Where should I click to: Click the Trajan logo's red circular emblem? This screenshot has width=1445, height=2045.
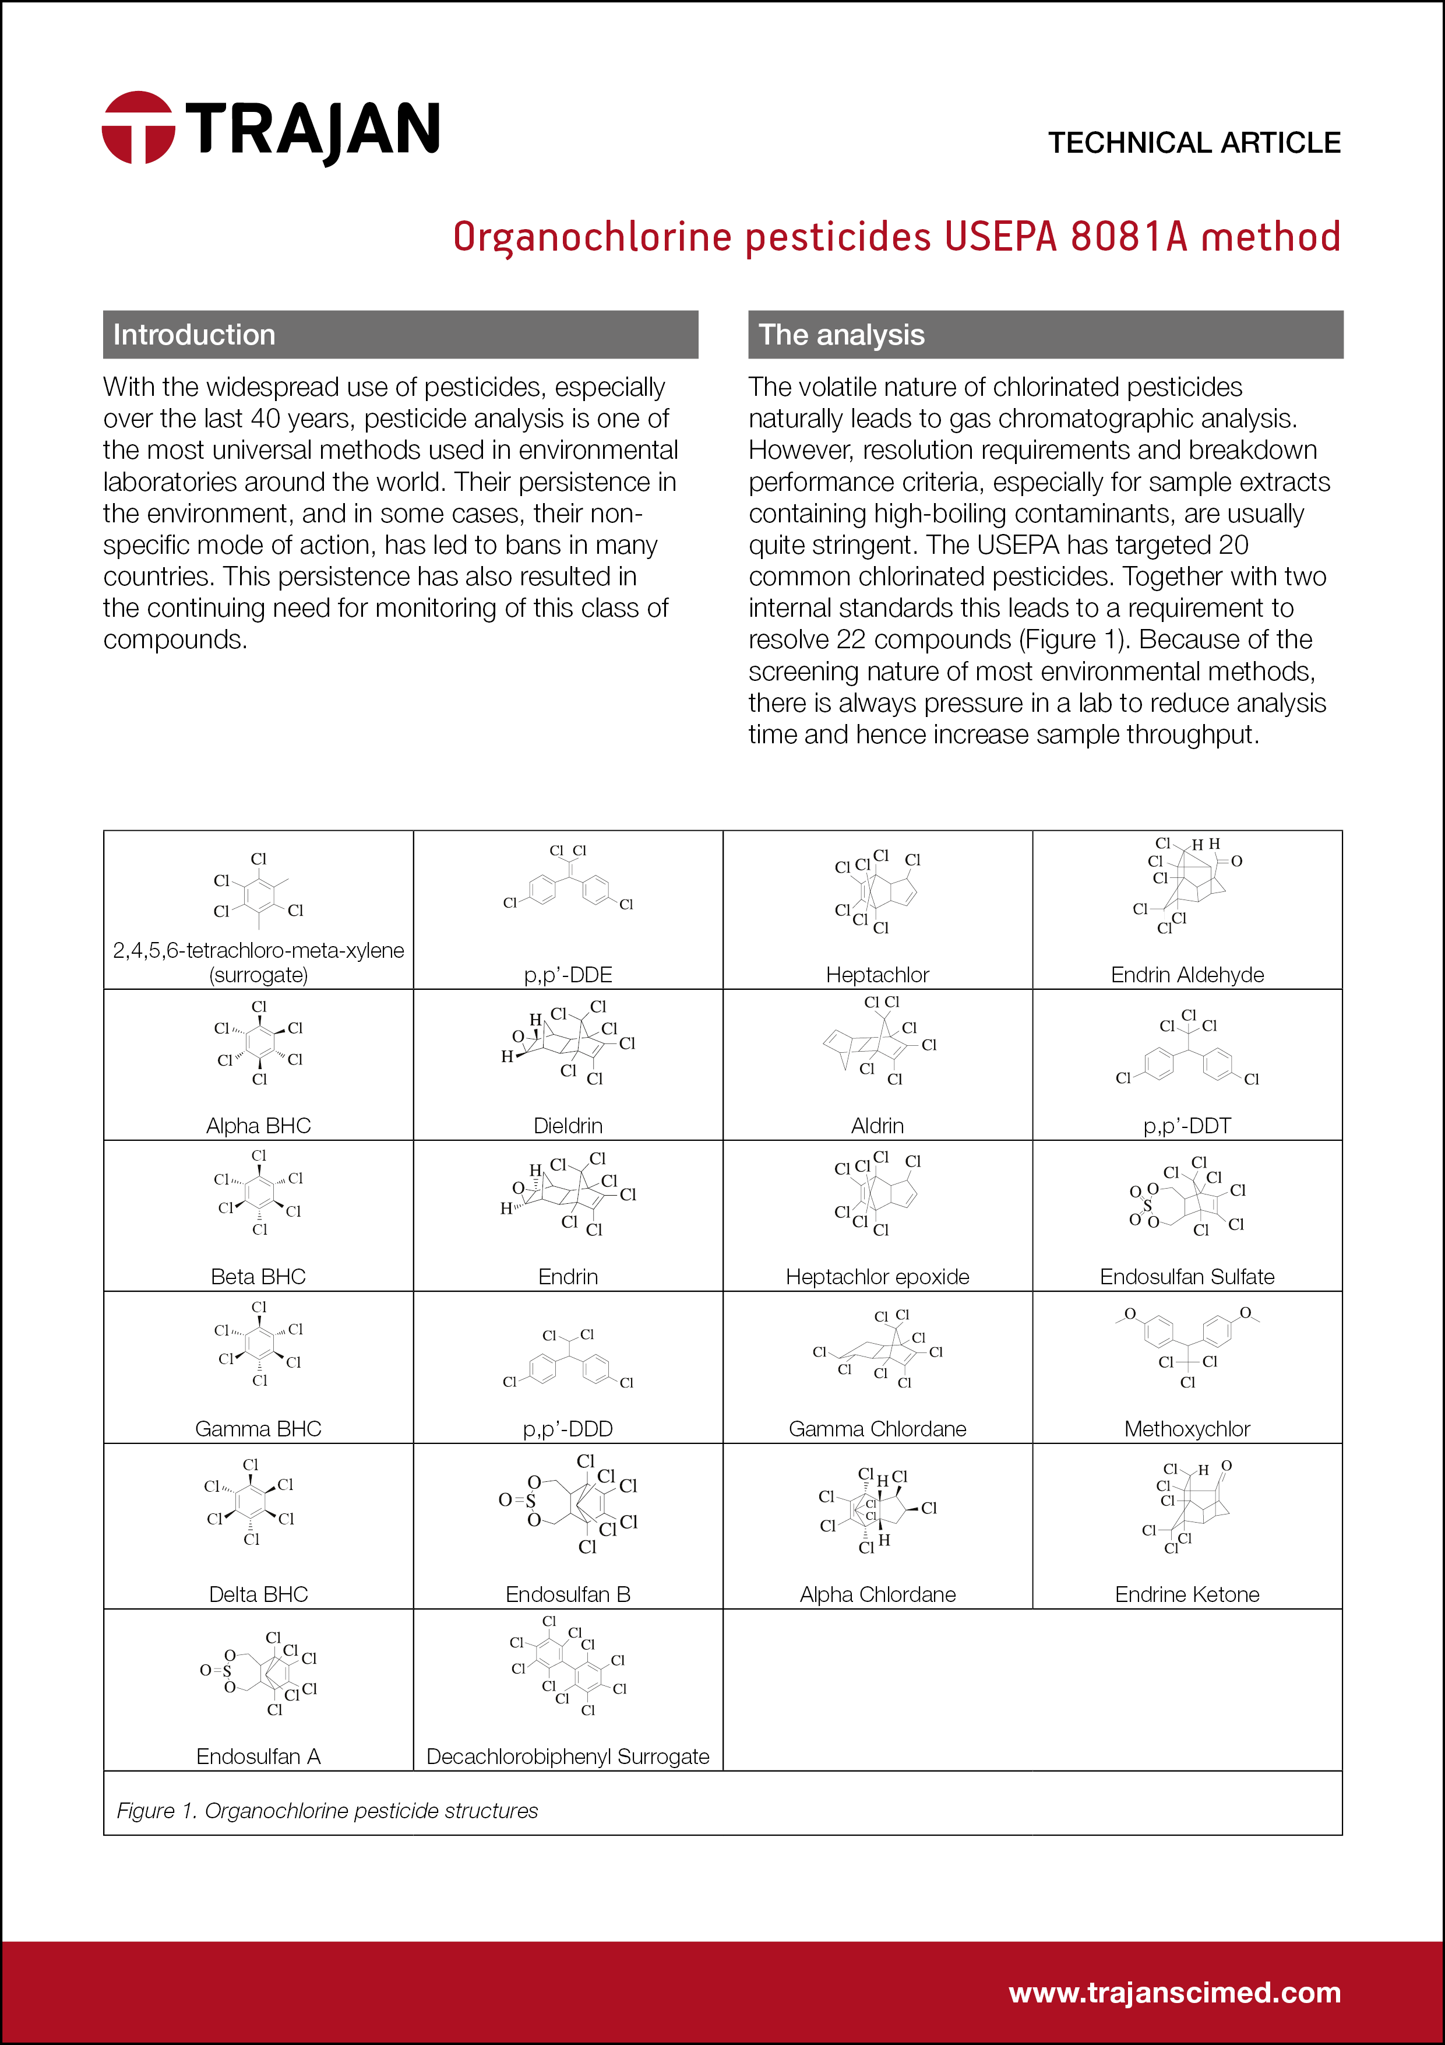[138, 127]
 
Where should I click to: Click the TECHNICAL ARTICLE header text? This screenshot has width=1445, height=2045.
[1193, 142]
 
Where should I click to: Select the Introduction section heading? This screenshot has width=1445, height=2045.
[194, 335]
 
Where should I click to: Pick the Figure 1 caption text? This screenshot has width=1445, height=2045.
[327, 1811]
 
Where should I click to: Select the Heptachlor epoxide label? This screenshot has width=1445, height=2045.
[877, 1276]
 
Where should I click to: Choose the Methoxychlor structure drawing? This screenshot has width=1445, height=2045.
[1187, 1346]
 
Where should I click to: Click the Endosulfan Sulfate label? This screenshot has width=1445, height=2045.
[1187, 1276]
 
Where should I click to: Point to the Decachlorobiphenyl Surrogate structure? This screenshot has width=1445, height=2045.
[568, 1665]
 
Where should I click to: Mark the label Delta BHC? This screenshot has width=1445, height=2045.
[258, 1594]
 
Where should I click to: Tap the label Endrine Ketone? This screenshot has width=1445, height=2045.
[1187, 1594]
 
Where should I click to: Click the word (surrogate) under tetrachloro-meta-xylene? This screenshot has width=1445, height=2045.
[258, 975]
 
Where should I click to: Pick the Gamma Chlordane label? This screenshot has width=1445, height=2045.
[877, 1429]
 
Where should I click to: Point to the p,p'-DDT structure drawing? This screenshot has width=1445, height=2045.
[1187, 1050]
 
